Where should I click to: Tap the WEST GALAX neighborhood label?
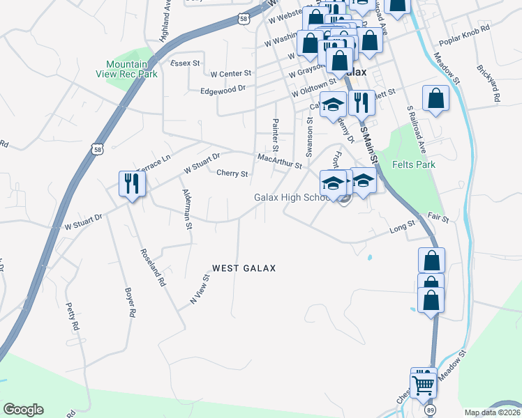point(244,268)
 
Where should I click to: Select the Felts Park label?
point(413,165)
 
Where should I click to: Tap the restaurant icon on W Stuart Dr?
point(130,184)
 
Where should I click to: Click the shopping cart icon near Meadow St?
point(423,383)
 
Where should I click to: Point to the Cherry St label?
point(232,173)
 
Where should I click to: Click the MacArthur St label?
point(279,161)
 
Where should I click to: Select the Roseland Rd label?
point(153,268)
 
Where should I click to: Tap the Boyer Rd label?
point(129,303)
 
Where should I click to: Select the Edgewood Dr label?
point(223,89)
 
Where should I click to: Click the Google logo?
point(23,410)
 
